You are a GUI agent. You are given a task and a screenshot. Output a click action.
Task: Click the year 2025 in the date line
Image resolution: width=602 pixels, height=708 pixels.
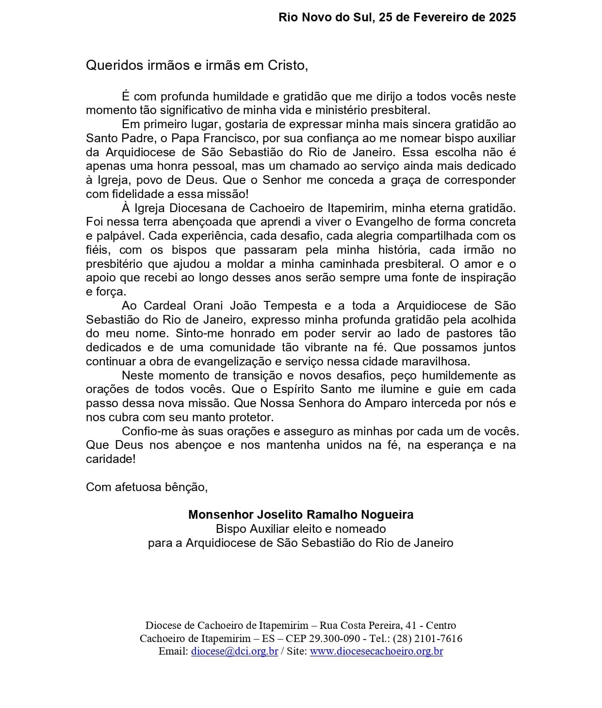(502, 17)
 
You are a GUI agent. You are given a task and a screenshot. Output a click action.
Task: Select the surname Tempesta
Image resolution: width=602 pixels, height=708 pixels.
(290, 306)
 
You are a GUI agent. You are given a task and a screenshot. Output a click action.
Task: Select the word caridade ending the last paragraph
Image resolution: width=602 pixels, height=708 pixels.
(111, 459)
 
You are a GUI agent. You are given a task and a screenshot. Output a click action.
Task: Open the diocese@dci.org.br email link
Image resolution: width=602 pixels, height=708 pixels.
(234, 652)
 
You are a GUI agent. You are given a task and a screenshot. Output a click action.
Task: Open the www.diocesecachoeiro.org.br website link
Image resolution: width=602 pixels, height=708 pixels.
(376, 652)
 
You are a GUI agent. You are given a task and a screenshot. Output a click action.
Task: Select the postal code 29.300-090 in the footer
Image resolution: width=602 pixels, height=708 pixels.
(335, 639)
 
